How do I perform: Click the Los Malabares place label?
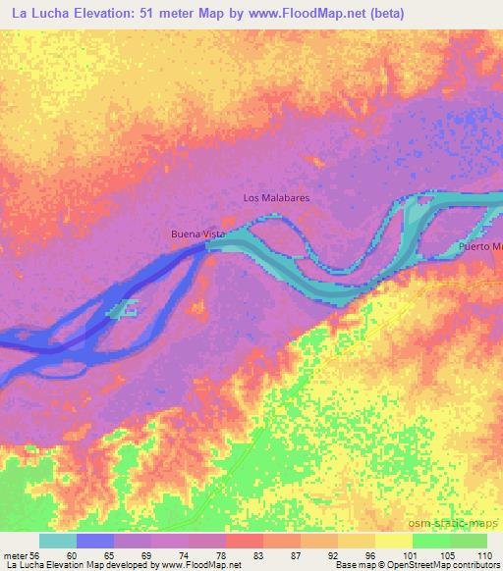(276, 197)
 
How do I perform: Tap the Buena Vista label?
(198, 235)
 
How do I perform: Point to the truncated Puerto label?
(480, 246)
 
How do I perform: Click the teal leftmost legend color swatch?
(58, 541)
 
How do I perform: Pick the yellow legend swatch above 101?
(393, 541)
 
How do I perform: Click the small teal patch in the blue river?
(124, 312)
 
